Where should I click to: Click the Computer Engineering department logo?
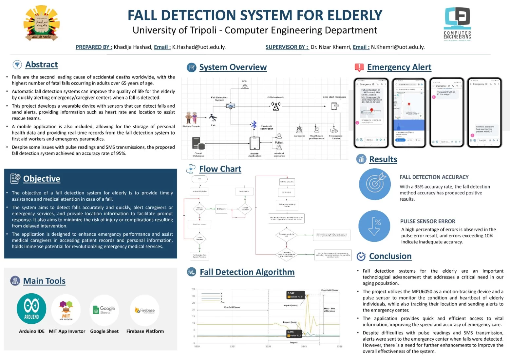457,23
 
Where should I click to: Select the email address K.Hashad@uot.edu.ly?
199,47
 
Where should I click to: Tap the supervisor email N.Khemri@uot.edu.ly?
398,47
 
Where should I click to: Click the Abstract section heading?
42,65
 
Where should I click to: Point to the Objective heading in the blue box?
42,179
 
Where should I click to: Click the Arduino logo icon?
31,309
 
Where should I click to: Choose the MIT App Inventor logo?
66,310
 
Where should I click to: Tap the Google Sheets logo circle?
104,310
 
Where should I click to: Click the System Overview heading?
233,67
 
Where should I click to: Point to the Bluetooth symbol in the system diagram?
254,125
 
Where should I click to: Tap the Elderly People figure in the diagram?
191,117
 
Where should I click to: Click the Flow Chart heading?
220,169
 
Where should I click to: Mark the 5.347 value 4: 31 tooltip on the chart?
296,295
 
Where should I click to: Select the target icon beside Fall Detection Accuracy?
375,184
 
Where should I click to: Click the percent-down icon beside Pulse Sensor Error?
374,226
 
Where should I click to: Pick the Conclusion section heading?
390,256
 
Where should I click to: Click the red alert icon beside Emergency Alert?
359,67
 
